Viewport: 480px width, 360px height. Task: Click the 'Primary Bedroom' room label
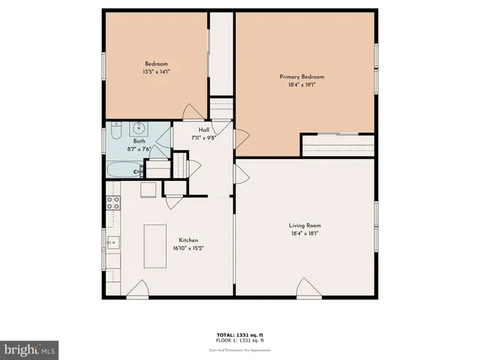tap(302, 77)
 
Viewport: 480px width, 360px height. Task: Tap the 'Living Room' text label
tap(305, 226)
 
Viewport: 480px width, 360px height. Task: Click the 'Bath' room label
tap(139, 141)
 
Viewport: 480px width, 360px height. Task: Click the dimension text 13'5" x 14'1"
tap(156, 72)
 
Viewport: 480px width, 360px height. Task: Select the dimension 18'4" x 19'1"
tap(302, 85)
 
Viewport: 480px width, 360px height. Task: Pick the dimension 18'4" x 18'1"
tap(305, 234)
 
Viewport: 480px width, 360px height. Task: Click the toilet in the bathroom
tap(115, 132)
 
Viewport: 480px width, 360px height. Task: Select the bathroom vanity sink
tap(139, 128)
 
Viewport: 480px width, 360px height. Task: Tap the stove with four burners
tap(114, 201)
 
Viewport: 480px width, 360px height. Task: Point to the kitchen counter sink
tap(113, 242)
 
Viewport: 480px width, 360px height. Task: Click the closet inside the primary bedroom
tap(337, 145)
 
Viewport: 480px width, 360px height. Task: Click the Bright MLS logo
tap(29, 349)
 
